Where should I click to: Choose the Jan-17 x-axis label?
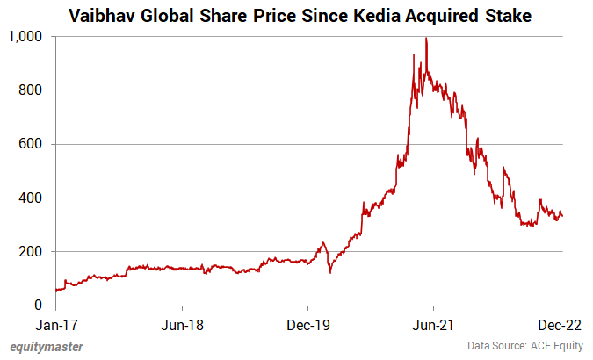pyautogui.click(x=56, y=324)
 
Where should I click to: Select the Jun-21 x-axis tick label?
pyautogui.click(x=435, y=324)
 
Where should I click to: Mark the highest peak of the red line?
pyautogui.click(x=426, y=39)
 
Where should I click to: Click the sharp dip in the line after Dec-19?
pyautogui.click(x=330, y=271)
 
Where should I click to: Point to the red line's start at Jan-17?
pyautogui.click(x=56, y=290)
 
